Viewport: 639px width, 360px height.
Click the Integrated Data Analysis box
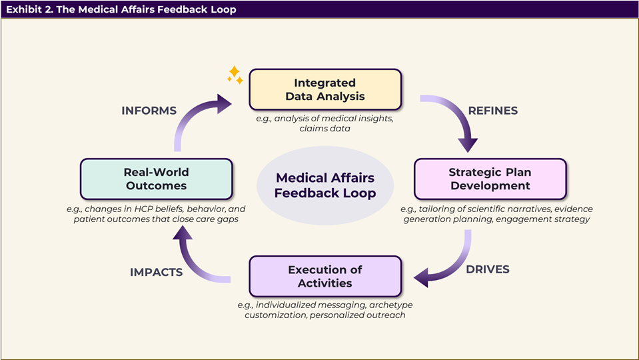point(325,89)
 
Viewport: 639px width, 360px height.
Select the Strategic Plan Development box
point(490,179)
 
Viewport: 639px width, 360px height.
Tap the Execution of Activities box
point(325,276)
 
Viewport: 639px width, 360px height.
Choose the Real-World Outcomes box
point(155,179)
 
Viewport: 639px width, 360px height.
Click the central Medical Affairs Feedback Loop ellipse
point(325,185)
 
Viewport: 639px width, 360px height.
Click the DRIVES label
point(488,269)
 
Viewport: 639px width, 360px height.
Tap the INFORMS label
point(149,111)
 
